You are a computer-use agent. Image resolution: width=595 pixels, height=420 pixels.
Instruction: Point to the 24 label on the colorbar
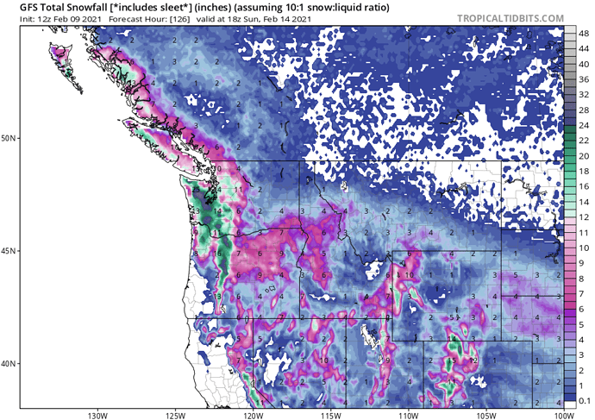(x=583, y=126)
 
